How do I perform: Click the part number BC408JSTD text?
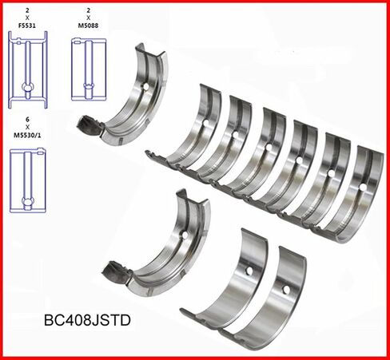[x=87, y=320]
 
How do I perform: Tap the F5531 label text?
[x=27, y=26]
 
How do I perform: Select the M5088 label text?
[x=89, y=26]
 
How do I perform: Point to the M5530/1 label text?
[x=27, y=135]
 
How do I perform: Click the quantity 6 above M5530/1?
[x=27, y=120]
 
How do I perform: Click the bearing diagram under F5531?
[x=28, y=69]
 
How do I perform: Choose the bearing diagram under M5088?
[x=89, y=69]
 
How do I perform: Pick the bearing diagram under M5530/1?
[x=28, y=180]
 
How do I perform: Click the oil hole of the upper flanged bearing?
[x=145, y=86]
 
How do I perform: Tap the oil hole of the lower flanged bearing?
[x=185, y=235]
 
